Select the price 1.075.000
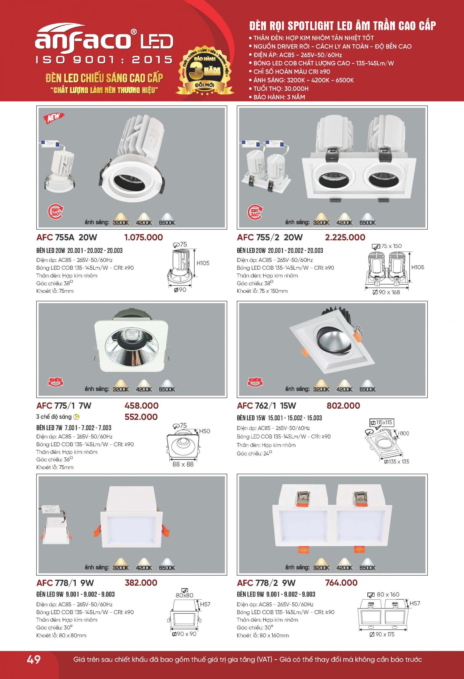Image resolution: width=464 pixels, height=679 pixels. pos(143,237)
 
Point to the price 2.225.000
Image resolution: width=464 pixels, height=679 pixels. pos(345,237)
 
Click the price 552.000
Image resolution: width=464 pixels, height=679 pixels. pos(141,417)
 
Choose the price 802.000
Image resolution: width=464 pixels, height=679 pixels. pos(343,406)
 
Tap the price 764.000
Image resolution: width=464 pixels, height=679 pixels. pos(341,582)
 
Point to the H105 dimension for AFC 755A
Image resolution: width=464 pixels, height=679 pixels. pos(203,263)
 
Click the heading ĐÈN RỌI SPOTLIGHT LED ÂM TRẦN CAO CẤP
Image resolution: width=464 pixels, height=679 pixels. pos(342,26)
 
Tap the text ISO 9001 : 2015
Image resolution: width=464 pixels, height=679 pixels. pos(104,60)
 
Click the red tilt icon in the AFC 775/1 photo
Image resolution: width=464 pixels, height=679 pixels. pos(55,382)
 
